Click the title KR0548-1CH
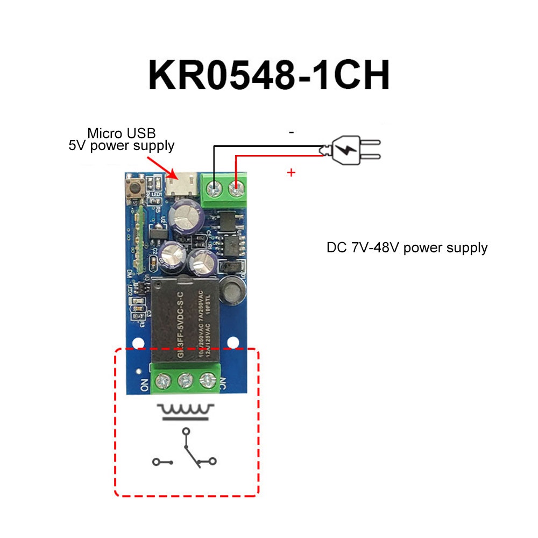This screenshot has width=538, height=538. click(268, 75)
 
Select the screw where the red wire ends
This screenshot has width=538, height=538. click(235, 189)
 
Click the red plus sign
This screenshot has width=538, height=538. click(291, 173)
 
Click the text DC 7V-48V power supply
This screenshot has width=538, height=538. click(407, 248)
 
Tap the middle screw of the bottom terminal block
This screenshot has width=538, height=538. click(185, 380)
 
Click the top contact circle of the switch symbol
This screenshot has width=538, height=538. click(186, 431)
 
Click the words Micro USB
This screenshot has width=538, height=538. click(122, 133)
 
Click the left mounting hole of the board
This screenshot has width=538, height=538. click(138, 342)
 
